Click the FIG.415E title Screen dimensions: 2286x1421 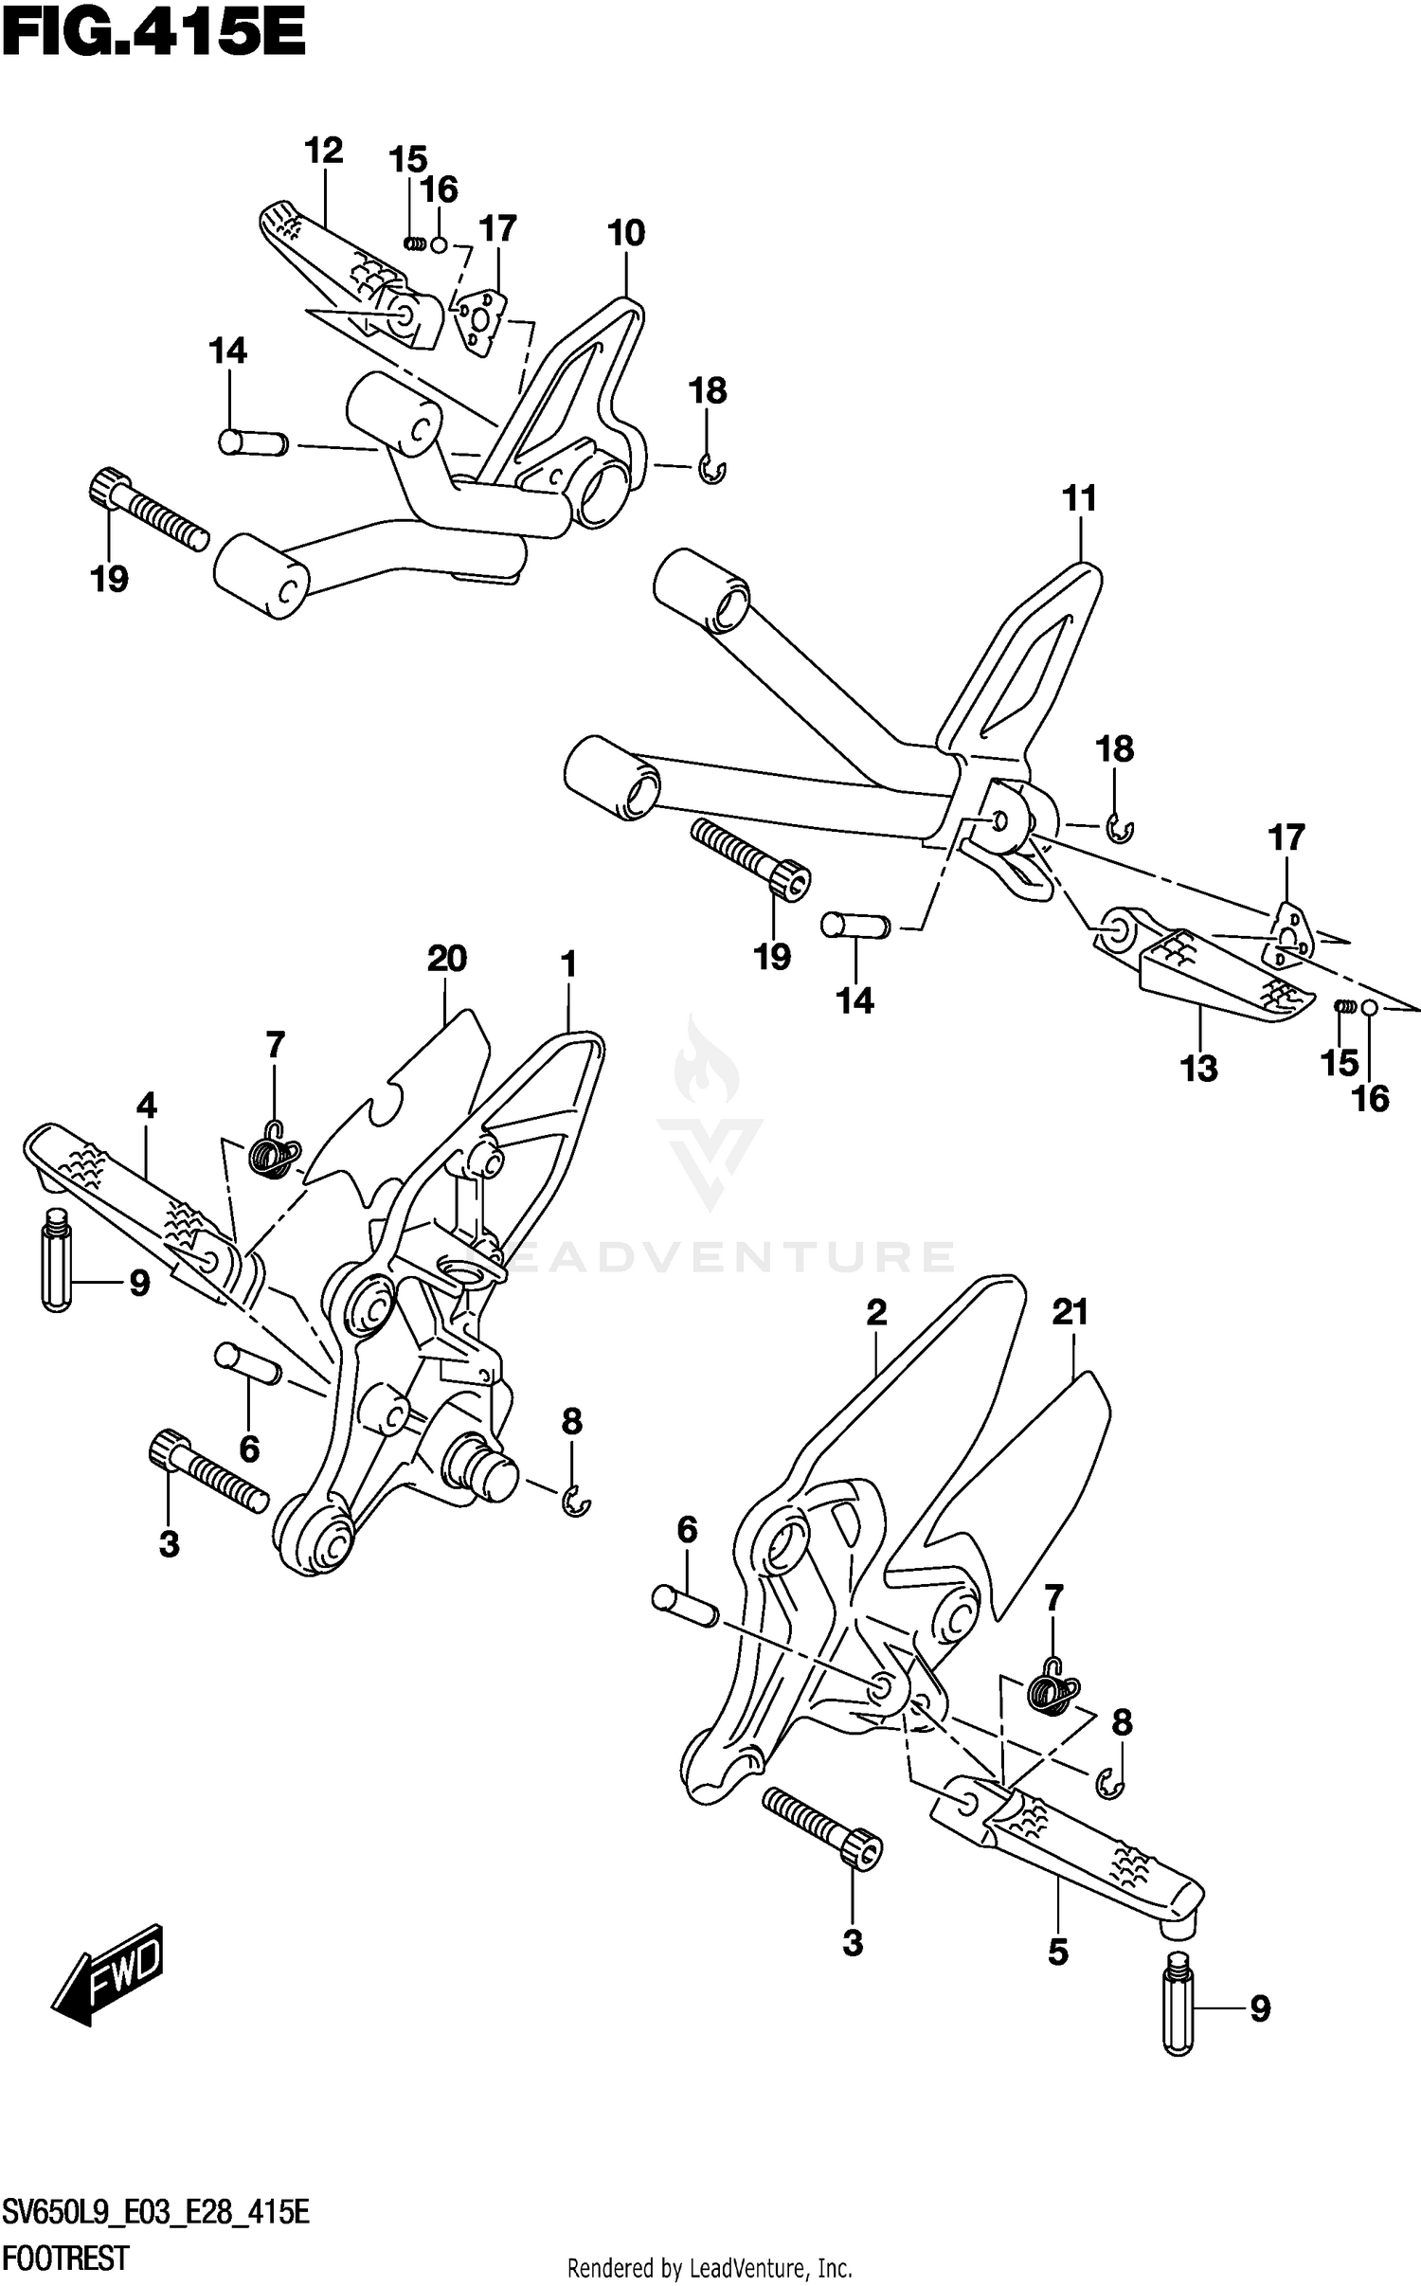pos(153,37)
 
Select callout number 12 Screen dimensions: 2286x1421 pos(323,151)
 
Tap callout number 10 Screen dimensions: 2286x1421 pos(626,233)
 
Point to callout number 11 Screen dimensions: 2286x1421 pos(1079,498)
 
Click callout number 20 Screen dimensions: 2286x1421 pos(447,960)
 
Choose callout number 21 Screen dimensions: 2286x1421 pos(1070,1313)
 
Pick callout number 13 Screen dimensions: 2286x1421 pos(1198,1069)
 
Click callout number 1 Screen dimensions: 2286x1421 pos(568,965)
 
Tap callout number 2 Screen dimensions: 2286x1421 pos(876,1312)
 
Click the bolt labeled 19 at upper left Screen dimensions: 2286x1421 pos(150,511)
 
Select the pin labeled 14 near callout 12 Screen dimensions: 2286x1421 pos(252,441)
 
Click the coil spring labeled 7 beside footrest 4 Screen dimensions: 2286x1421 pos(275,1155)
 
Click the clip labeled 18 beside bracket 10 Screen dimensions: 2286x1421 pos(712,470)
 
